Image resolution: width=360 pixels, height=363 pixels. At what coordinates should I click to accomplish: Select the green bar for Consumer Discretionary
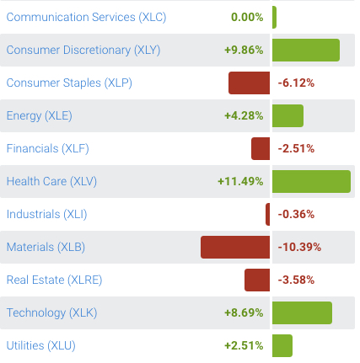305,50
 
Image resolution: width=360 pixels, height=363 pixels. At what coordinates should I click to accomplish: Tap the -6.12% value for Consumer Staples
296,83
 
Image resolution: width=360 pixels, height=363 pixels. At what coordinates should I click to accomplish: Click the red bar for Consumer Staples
249,83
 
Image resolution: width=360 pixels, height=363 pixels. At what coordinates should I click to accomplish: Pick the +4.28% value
244,115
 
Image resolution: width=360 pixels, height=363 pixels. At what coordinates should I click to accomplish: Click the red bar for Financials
261,148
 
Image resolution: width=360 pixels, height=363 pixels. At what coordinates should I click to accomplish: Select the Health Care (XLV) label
51,181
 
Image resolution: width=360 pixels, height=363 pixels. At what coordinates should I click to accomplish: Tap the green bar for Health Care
311,181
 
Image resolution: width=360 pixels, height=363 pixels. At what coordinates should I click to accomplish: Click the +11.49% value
240,181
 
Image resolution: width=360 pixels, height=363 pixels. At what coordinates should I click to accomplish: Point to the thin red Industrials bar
267,214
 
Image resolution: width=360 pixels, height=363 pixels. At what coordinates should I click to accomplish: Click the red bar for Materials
235,247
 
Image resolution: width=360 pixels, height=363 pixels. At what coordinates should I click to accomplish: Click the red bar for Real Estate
257,280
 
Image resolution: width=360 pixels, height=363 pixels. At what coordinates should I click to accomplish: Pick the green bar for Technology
302,312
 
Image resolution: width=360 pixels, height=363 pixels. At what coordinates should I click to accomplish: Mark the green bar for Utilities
282,345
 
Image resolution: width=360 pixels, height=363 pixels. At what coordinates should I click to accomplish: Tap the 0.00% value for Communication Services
247,17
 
